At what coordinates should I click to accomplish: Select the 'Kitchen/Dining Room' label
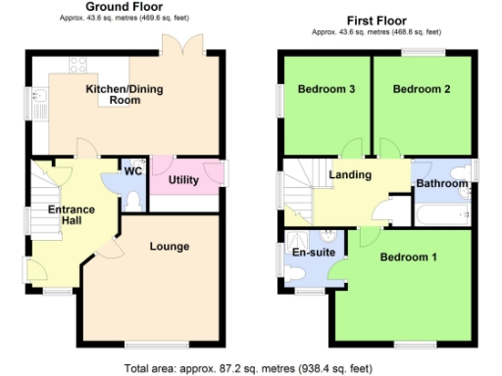(x=125, y=94)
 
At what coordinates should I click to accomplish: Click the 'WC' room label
(x=133, y=170)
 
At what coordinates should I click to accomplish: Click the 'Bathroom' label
(x=441, y=183)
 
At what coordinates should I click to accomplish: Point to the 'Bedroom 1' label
(x=408, y=258)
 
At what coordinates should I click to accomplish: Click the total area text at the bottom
(x=248, y=368)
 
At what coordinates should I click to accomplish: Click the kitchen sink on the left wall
(x=38, y=100)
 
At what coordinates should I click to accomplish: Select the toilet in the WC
(x=133, y=199)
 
